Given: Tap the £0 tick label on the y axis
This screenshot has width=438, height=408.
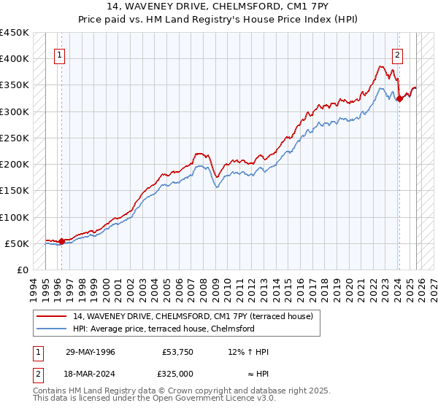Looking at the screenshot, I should click(22, 270).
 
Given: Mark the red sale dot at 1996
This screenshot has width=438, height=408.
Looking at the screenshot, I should click(61, 241).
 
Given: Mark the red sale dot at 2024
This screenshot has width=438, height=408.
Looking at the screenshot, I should click(399, 98).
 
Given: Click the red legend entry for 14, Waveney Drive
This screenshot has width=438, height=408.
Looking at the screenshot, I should click(193, 316).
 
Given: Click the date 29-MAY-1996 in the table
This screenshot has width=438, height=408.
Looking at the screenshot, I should click(90, 352).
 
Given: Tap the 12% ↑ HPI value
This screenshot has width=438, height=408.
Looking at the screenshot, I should click(248, 352).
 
